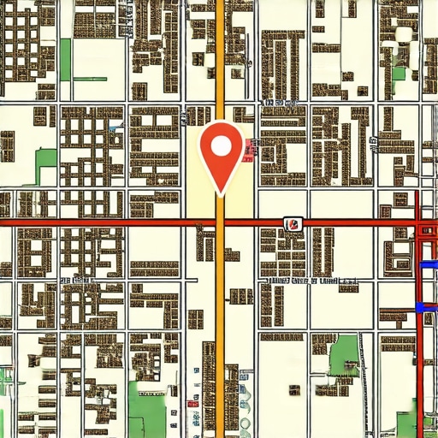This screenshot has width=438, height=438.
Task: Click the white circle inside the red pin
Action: point(221,145)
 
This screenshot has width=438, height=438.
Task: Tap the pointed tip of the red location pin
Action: point(221,193)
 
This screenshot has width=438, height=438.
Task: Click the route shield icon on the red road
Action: point(293,223)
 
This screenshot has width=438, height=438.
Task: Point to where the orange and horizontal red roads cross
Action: point(221,223)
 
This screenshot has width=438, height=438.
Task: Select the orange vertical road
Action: point(221,325)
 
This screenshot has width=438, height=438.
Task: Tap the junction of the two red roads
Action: point(417,224)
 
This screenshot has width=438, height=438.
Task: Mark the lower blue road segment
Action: point(426,306)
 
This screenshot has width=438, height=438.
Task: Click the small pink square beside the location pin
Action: point(249,149)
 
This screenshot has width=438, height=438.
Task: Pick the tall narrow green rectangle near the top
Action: point(65,58)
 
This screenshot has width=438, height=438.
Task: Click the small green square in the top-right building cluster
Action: point(399,72)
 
